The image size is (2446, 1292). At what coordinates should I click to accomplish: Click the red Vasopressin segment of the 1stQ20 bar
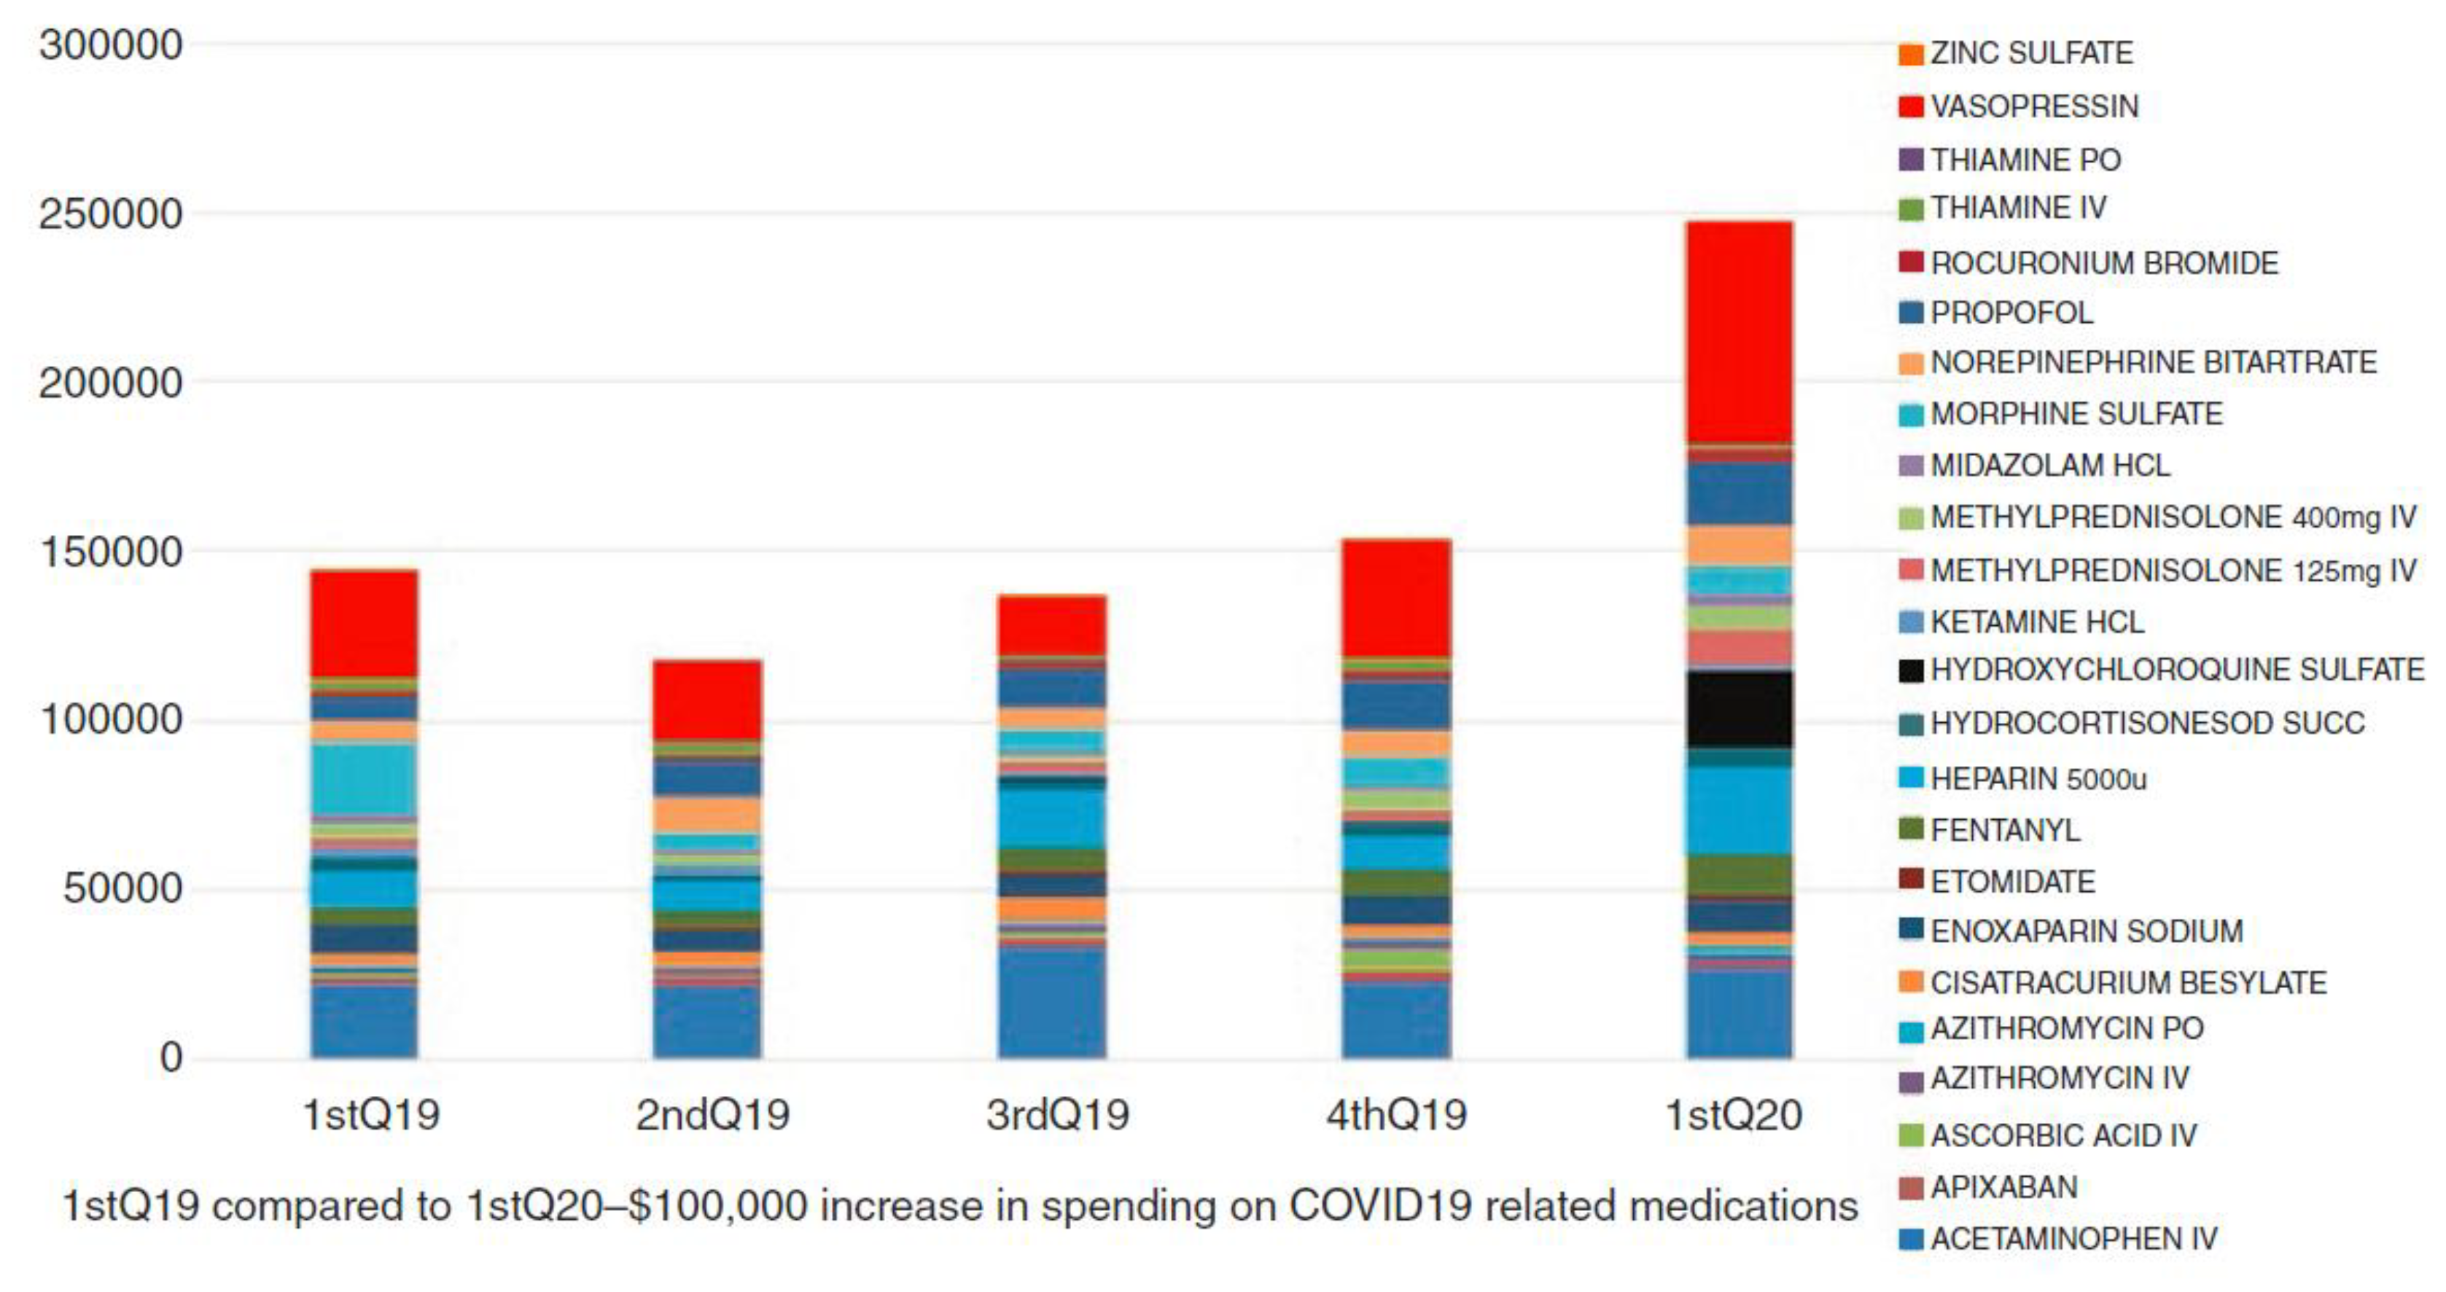(1739, 332)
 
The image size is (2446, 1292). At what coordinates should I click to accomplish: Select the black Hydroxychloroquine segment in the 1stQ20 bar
(1739, 709)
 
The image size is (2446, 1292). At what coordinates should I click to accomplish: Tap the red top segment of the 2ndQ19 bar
(707, 700)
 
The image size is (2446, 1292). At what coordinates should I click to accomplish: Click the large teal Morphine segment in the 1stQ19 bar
(364, 778)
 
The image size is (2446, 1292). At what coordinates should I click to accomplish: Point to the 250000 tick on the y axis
(110, 214)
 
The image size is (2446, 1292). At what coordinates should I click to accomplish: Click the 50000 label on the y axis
(122, 890)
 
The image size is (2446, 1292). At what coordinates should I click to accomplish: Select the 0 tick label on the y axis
(171, 1057)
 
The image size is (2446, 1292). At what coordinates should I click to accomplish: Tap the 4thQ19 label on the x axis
(1396, 1114)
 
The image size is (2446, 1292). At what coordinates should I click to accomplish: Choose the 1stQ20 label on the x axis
(1734, 1114)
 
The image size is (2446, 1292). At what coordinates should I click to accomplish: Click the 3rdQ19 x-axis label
(1057, 1114)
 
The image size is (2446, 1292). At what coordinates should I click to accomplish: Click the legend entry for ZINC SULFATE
(2031, 53)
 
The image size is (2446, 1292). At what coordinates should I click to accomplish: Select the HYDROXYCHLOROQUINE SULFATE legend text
(2176, 670)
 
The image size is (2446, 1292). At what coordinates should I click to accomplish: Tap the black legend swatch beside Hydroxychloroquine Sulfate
(1910, 671)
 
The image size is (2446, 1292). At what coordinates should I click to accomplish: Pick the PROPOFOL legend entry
(2011, 313)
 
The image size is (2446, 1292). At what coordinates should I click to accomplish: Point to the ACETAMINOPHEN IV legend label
(2073, 1239)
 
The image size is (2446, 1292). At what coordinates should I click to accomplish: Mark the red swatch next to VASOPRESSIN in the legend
(1910, 106)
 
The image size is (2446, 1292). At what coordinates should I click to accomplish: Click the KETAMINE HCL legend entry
(2037, 623)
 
